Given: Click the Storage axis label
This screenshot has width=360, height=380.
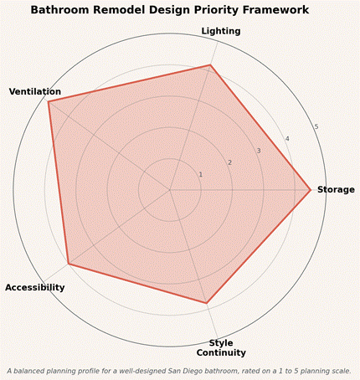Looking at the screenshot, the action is coord(336,190).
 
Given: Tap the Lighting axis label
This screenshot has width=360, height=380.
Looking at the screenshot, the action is coord(221,31).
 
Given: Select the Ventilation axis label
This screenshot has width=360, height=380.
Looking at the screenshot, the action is coord(35,91).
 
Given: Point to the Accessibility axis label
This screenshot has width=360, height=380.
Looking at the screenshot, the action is coord(35,287).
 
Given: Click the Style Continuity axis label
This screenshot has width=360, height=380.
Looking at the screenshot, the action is coord(221,347).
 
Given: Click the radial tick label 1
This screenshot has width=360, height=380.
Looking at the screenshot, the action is coord(200,175).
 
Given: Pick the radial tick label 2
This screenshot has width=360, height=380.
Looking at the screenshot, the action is coord(229,162).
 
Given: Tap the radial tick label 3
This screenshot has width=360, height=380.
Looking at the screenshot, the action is coord(259,151).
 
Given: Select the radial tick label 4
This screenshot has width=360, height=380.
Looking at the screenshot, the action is coord(287,139).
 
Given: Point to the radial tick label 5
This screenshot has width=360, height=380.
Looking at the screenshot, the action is coord(316,127).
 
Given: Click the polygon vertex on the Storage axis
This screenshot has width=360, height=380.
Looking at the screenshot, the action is coord(311,190).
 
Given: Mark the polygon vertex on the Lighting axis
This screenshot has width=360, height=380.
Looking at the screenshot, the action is coord(210,65).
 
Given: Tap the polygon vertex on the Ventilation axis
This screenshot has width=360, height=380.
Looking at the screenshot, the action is coord(49,102).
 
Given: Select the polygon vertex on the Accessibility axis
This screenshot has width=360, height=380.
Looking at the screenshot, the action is coord(68,264).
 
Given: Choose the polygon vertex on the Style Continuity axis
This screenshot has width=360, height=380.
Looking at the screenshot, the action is coord(206,303).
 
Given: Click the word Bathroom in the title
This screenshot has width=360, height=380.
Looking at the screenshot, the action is coord(60,10).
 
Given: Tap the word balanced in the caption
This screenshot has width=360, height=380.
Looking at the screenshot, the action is coord(27,371).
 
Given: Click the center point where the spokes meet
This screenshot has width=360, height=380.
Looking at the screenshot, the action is coord(169,190).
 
